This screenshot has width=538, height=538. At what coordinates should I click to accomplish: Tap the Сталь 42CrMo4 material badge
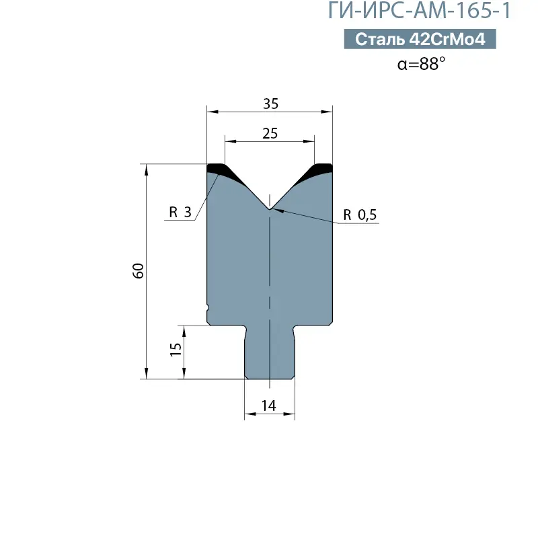420,40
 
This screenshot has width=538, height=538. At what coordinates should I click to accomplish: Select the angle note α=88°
421,64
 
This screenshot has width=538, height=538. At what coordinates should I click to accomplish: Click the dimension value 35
270,104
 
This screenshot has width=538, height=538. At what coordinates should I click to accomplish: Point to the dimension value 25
270,134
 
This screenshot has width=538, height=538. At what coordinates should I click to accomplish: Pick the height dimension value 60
139,271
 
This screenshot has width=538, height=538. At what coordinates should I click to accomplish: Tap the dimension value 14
269,406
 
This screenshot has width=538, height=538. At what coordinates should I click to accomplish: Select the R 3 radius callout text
180,213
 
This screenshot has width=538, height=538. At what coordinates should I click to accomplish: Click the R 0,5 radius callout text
361,215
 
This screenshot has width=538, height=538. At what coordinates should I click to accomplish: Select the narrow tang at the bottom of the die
269,353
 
